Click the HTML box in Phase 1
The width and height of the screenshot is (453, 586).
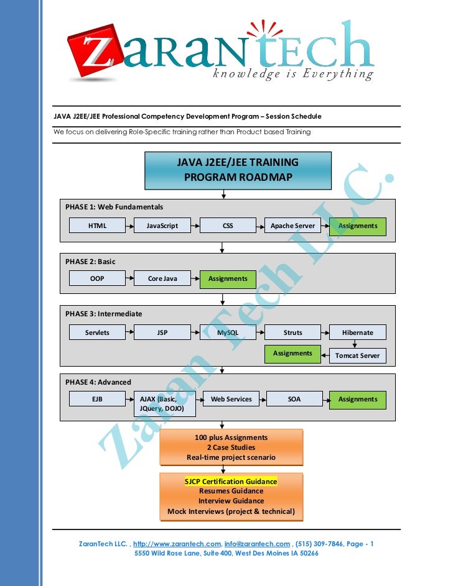(97, 226)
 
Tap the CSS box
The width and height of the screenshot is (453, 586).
(228, 226)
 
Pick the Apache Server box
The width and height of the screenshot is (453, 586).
(292, 226)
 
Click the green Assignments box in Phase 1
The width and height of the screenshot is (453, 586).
(358, 226)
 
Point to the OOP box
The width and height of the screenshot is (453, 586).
(97, 278)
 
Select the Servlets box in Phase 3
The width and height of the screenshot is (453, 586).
(97, 332)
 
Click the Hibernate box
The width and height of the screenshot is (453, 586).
(358, 332)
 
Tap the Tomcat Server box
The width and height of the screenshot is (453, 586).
(358, 356)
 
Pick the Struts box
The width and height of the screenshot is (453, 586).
(292, 332)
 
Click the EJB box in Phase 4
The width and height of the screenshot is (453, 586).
(97, 399)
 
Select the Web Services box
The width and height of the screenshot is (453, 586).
(231, 399)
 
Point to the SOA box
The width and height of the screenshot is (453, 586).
(294, 399)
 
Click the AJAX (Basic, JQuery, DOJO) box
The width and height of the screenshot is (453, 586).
(165, 404)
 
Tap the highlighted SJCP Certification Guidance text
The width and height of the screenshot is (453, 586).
(231, 482)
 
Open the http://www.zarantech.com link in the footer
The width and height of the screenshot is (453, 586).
(177, 544)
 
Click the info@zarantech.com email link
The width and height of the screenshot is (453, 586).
(257, 544)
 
